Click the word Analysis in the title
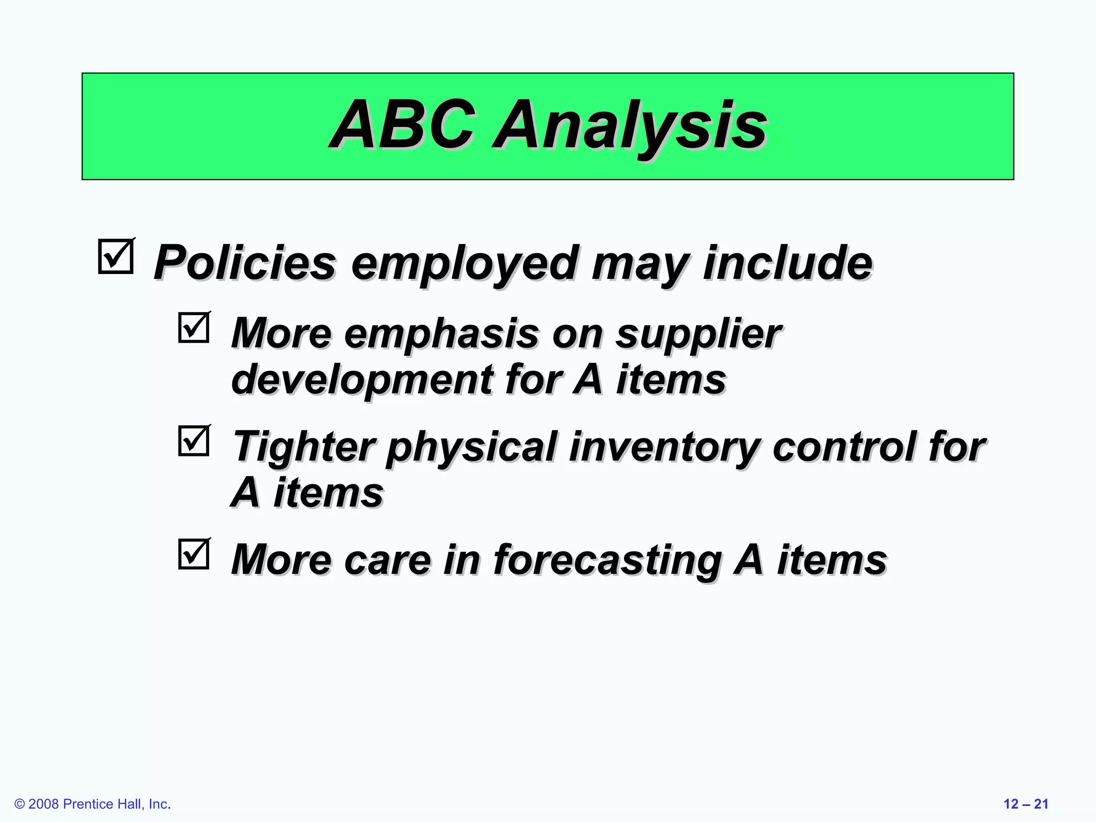[x=631, y=126]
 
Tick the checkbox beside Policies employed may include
[x=116, y=257]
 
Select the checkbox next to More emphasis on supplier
[x=193, y=328]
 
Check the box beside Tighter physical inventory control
[x=193, y=441]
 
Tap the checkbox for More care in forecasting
[x=193, y=554]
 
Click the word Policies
[x=245, y=262]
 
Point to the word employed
[x=463, y=263]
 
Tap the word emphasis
[x=441, y=334]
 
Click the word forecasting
[x=607, y=561]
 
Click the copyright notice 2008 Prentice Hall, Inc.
[x=93, y=804]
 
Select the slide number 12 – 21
[x=1025, y=804]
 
